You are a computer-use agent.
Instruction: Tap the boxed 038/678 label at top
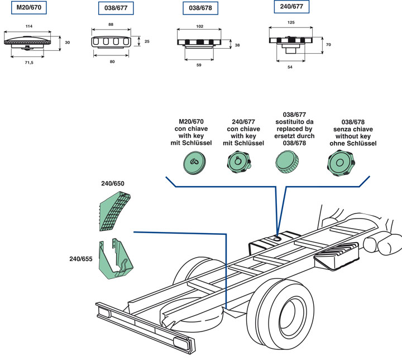tap(200, 9)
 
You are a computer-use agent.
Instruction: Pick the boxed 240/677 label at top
tap(291, 8)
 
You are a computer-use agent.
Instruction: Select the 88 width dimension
tap(111, 24)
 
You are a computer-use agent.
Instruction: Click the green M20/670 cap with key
tap(193, 163)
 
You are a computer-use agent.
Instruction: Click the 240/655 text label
tap(80, 259)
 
